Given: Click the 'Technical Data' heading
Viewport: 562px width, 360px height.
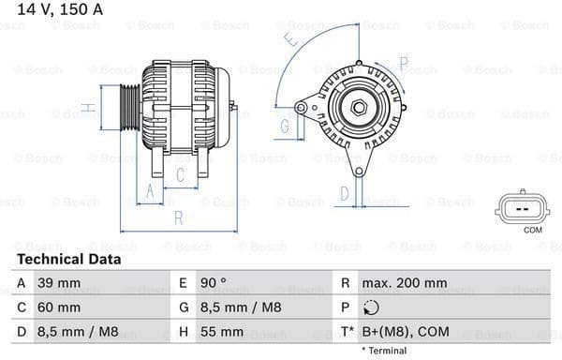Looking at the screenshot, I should [69, 259].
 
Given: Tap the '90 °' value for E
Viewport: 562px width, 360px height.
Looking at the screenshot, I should [212, 282].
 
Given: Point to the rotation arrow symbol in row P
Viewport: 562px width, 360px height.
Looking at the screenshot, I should [373, 307].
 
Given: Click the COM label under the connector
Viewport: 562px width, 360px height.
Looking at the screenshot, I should [533, 230].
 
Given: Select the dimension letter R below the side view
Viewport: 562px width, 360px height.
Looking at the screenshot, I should [178, 219].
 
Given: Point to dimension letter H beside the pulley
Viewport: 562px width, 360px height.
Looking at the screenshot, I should [85, 109].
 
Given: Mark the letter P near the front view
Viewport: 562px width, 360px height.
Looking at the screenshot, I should [403, 64].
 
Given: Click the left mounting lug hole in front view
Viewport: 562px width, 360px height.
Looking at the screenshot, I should [300, 108].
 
